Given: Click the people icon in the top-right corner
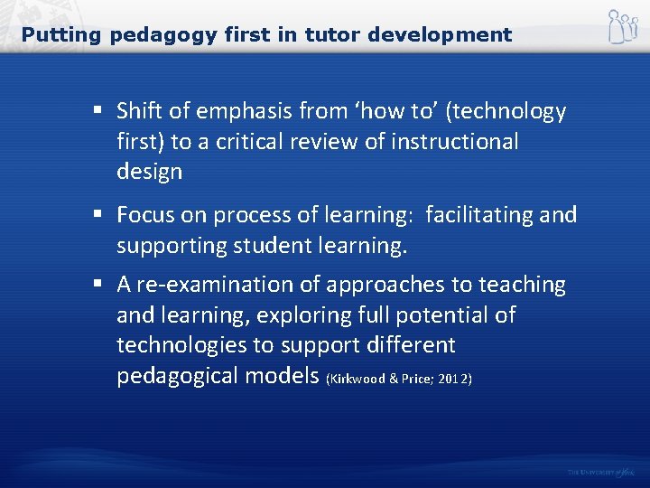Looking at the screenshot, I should point(621,27).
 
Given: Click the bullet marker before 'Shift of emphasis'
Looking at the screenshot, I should point(96,112).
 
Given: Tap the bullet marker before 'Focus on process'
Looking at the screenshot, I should point(96,215).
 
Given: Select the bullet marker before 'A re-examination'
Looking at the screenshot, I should point(96,286).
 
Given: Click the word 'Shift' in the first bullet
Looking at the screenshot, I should point(140,111).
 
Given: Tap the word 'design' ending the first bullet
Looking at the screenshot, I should point(149,172).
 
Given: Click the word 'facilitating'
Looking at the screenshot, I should point(478,214).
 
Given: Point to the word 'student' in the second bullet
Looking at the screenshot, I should point(268,244).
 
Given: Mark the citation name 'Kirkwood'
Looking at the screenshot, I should point(358,378).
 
